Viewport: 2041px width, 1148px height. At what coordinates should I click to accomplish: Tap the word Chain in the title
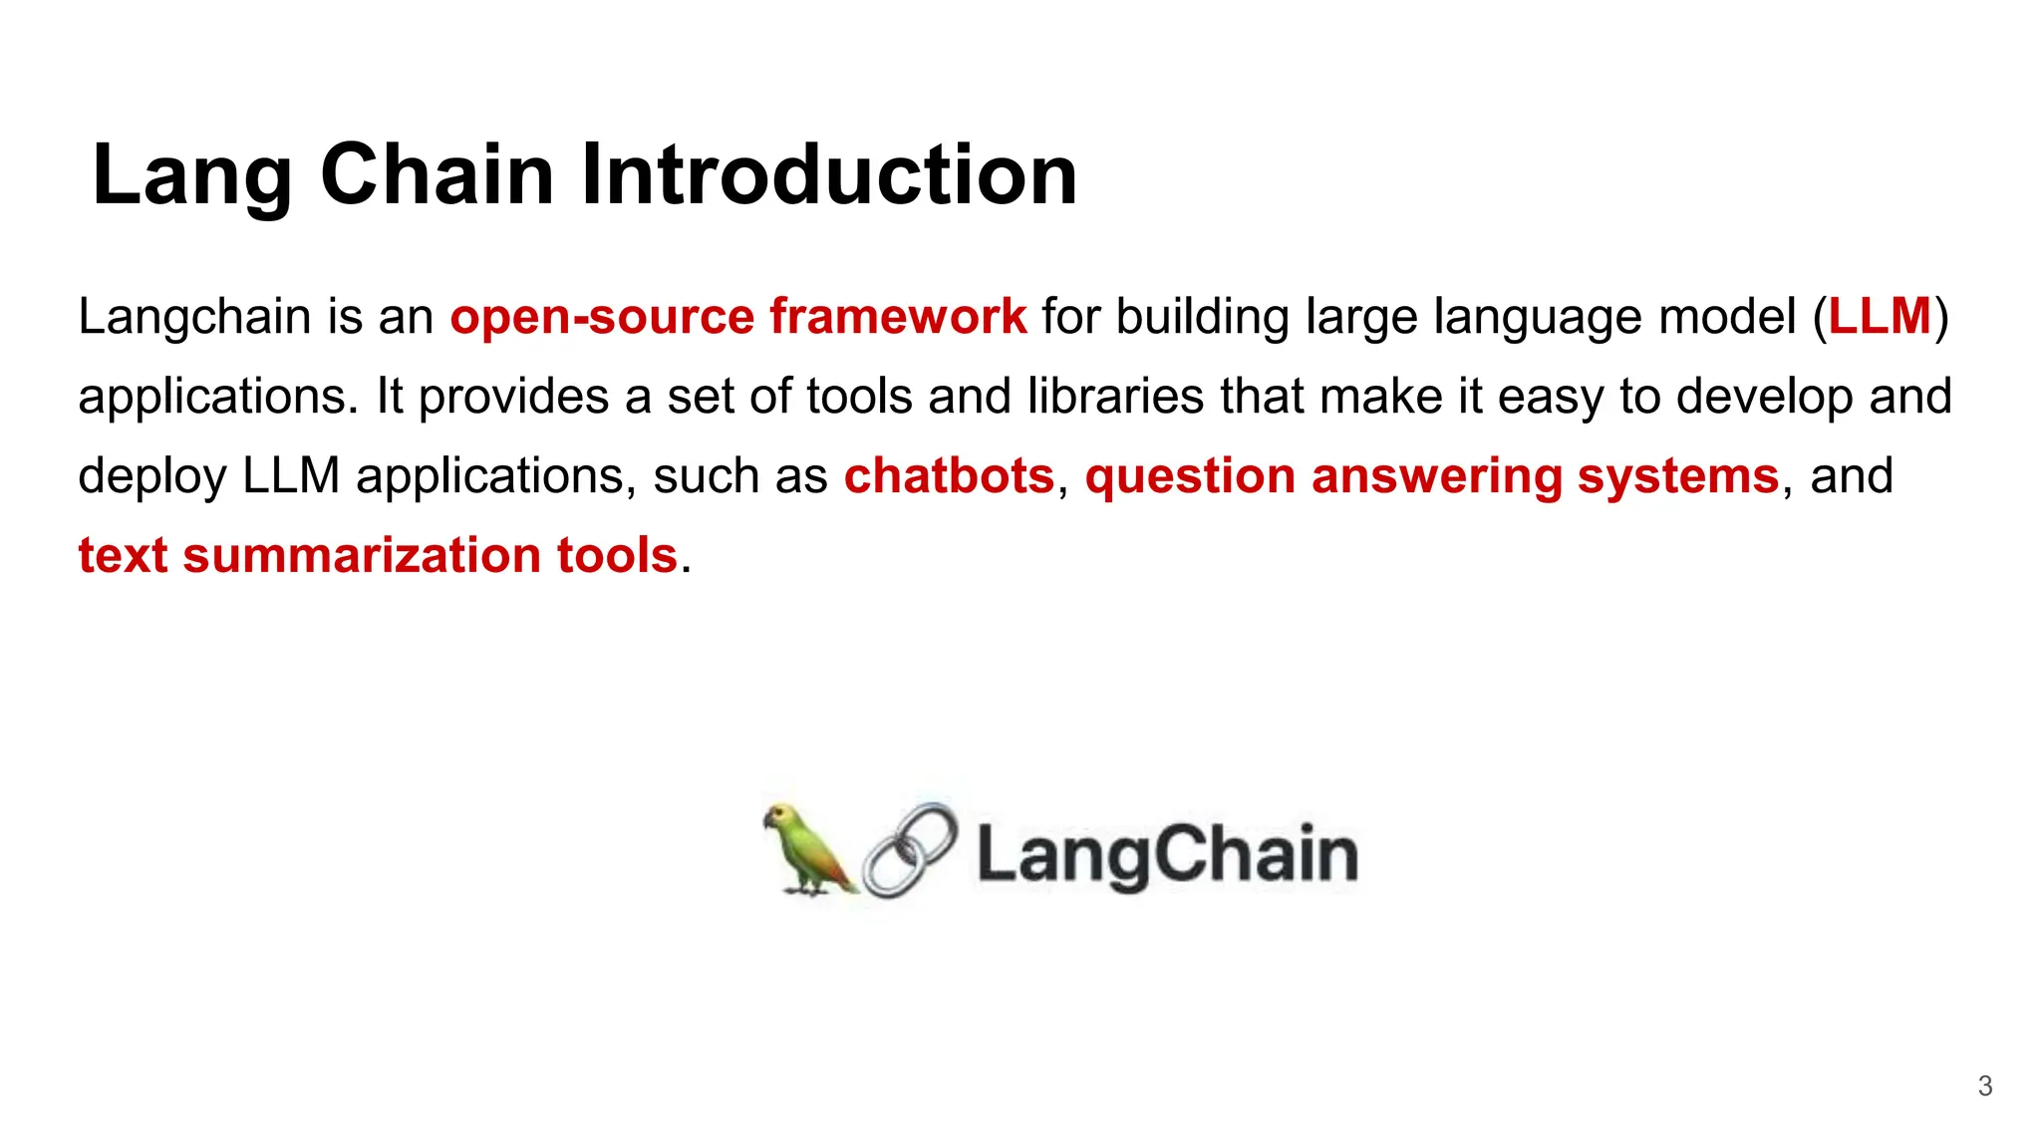click(x=437, y=174)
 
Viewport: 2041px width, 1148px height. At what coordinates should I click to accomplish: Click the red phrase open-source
click(x=602, y=317)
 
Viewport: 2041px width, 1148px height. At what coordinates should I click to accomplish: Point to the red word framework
click(x=898, y=317)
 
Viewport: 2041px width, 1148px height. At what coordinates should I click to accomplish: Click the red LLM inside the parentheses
click(x=1880, y=317)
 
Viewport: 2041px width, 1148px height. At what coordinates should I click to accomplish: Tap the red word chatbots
click(x=949, y=475)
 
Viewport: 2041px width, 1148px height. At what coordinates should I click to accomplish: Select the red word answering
click(x=1436, y=475)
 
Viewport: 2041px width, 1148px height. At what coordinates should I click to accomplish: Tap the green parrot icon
click(x=806, y=850)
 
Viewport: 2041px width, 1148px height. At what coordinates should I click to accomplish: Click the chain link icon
click(x=910, y=850)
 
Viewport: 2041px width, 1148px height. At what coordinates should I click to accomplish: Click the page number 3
click(x=1984, y=1086)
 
